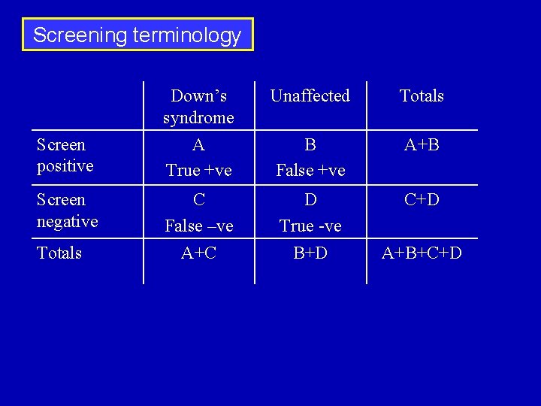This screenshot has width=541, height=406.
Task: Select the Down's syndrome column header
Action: (198, 107)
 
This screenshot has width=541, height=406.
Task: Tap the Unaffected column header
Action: (310, 95)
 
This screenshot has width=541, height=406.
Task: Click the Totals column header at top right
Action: (422, 95)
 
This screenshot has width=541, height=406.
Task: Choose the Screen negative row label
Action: (67, 211)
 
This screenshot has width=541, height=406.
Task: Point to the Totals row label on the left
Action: (59, 253)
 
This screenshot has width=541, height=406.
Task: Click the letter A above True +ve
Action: (198, 145)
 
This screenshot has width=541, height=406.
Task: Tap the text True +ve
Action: (198, 171)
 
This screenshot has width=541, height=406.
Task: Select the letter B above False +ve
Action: (310, 145)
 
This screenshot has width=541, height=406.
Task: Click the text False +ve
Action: (310, 171)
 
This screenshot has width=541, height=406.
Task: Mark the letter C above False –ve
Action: (199, 201)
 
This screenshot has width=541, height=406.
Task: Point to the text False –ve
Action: (199, 226)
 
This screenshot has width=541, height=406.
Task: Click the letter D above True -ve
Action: (310, 201)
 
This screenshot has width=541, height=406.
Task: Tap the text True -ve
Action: (310, 226)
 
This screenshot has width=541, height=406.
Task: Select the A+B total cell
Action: (422, 145)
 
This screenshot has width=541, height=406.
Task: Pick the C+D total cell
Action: (422, 201)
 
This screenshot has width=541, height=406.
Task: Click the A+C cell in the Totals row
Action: (199, 253)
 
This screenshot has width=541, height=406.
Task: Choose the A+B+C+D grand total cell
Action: (422, 253)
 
